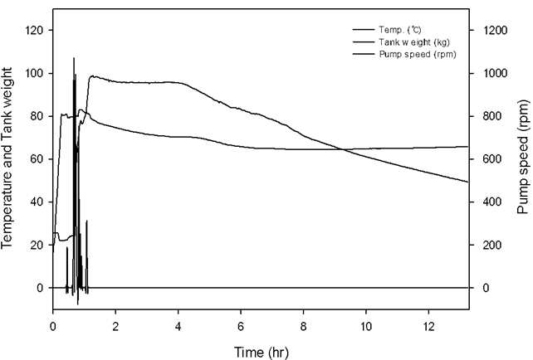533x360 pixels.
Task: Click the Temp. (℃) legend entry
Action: pyautogui.click(x=400, y=30)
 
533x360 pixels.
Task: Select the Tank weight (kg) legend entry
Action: pyautogui.click(x=414, y=42)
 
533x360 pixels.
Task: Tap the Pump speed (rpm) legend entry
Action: pyautogui.click(x=418, y=55)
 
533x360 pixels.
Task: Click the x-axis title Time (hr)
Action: pyautogui.click(x=261, y=352)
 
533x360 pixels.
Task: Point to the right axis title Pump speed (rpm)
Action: pyautogui.click(x=524, y=157)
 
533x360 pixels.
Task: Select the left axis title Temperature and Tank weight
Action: pyautogui.click(x=7, y=158)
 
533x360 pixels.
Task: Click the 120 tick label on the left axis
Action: pyautogui.click(x=34, y=30)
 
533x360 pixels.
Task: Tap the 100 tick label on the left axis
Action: pyautogui.click(x=34, y=73)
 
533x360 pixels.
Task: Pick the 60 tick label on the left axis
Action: pyautogui.click(x=37, y=159)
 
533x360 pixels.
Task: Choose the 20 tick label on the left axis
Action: pyautogui.click(x=37, y=245)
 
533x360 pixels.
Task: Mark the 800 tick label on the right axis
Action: pyautogui.click(x=491, y=116)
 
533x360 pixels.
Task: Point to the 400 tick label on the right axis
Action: pyautogui.click(x=491, y=202)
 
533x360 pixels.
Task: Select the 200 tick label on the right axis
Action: pyautogui.click(x=491, y=245)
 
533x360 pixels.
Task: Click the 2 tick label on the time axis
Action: pyautogui.click(x=115, y=327)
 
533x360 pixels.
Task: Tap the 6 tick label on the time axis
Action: pyautogui.click(x=241, y=327)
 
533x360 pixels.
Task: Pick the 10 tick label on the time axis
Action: pyautogui.click(x=366, y=327)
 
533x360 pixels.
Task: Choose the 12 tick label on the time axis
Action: pyautogui.click(x=428, y=327)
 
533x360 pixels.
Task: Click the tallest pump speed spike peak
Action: pyautogui.click(x=74, y=58)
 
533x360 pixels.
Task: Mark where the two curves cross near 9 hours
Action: pyautogui.click(x=343, y=149)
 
